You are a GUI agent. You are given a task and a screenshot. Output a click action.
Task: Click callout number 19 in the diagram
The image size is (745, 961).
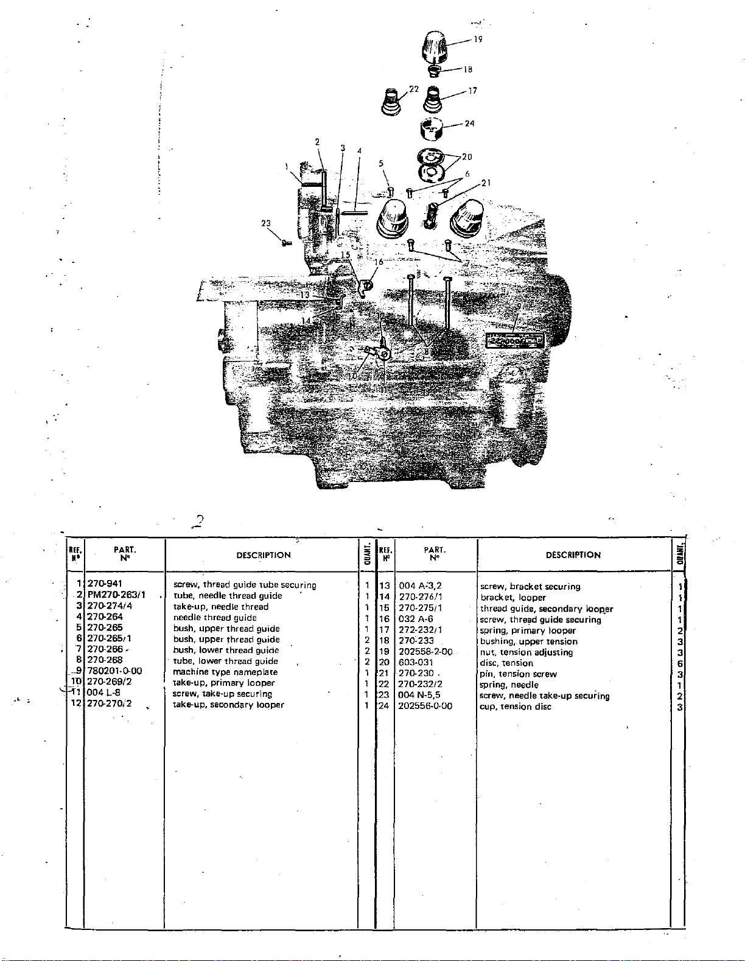pyautogui.click(x=478, y=40)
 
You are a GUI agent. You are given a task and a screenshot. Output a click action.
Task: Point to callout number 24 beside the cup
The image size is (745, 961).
pyautogui.click(x=469, y=124)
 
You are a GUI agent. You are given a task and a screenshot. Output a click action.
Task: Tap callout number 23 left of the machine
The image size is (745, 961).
pyautogui.click(x=266, y=223)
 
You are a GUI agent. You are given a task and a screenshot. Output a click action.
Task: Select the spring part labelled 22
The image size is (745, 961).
pyautogui.click(x=390, y=102)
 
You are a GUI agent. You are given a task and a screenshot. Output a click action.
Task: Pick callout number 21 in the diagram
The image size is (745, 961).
pyautogui.click(x=486, y=183)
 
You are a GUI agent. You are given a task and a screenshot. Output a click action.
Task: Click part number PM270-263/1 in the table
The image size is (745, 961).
pyautogui.click(x=116, y=595)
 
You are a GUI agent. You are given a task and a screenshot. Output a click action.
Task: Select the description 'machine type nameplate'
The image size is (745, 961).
pyautogui.click(x=225, y=672)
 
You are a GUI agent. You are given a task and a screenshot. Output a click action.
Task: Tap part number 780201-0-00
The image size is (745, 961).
pyautogui.click(x=114, y=671)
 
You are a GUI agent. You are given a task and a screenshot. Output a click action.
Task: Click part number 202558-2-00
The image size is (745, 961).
pyautogui.click(x=425, y=652)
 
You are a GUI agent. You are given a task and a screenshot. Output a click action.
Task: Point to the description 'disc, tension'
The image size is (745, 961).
pyautogui.click(x=506, y=663)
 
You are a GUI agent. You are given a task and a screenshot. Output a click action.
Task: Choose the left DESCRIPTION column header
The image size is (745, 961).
pyautogui.click(x=264, y=555)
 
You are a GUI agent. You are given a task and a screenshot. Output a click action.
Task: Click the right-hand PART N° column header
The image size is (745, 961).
pyautogui.click(x=435, y=554)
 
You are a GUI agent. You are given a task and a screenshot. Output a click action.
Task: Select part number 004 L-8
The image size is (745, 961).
pyautogui.click(x=103, y=693)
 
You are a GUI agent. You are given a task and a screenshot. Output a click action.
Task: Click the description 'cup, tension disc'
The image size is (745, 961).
pyautogui.click(x=515, y=707)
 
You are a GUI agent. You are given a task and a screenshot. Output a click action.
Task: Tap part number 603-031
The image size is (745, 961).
pyautogui.click(x=416, y=663)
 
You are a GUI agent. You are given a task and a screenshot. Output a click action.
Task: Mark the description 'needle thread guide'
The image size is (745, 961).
pyautogui.click(x=215, y=617)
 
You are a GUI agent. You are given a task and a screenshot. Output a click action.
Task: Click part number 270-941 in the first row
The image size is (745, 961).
pyautogui.click(x=105, y=584)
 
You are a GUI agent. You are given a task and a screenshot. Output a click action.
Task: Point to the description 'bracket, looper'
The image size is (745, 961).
pyautogui.click(x=513, y=597)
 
